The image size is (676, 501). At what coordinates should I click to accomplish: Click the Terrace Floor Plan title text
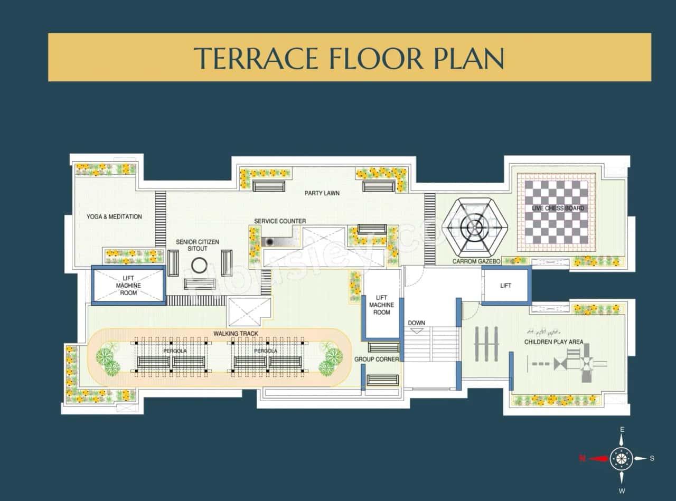tap(349, 58)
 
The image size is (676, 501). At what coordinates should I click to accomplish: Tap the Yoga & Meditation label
tap(114, 216)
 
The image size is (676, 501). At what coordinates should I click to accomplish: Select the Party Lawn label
tap(322, 193)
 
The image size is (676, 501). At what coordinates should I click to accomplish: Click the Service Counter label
tap(279, 221)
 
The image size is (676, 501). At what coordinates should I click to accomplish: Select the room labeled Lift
tap(505, 286)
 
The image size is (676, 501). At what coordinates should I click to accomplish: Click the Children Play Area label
tap(553, 342)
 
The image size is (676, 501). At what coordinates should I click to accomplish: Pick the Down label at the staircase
tap(416, 323)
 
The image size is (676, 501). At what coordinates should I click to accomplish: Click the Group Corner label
tap(377, 360)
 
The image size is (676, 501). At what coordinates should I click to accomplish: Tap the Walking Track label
tap(236, 334)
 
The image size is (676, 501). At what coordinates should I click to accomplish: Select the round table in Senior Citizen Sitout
tap(199, 265)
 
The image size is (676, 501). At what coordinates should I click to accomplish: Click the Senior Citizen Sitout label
tap(197, 245)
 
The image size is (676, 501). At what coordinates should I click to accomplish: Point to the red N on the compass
tap(582, 458)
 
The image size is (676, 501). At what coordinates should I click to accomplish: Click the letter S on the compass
tap(652, 458)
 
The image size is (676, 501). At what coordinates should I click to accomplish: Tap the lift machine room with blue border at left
tap(128, 286)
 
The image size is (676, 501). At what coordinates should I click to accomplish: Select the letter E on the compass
tap(622, 430)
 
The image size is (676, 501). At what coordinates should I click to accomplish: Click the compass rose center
tap(622, 458)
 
